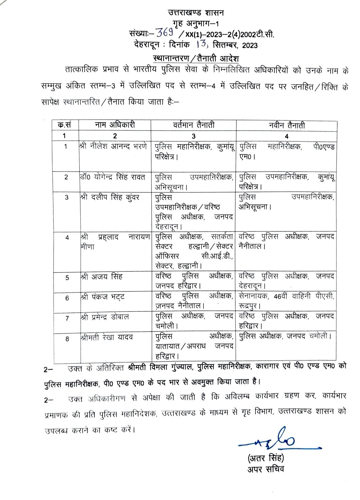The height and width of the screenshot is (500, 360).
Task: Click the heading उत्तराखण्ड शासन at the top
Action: tap(196, 13)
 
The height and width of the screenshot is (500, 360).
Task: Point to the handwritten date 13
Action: tap(203, 44)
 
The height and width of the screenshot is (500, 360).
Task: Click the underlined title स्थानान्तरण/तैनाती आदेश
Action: tap(196, 58)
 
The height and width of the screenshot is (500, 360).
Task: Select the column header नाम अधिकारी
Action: tap(115, 125)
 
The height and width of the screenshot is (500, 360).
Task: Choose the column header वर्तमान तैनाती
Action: tap(193, 125)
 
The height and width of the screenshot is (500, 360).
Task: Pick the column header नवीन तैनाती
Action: tap(287, 125)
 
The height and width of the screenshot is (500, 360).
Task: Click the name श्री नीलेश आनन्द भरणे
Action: tap(113, 146)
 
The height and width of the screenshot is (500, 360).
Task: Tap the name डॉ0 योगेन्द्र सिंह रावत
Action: tap(113, 177)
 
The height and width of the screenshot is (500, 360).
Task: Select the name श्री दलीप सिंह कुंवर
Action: tap(110, 197)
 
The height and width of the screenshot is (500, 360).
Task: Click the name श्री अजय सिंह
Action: tap(101, 276)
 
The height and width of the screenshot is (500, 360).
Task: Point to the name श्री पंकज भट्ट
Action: tap(102, 297)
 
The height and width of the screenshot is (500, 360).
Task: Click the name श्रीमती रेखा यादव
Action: tap(107, 337)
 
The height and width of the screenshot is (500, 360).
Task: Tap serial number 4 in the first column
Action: tap(67, 238)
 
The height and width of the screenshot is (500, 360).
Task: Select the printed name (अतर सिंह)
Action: tap(266, 458)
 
